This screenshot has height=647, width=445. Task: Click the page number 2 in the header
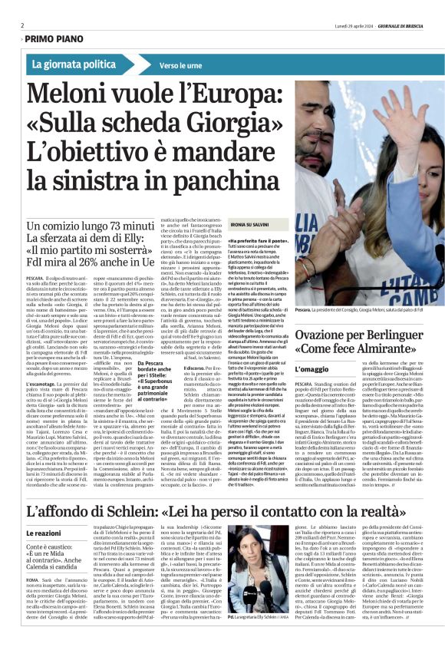click(21, 25)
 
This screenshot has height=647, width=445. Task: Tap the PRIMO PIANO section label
click(51, 37)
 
